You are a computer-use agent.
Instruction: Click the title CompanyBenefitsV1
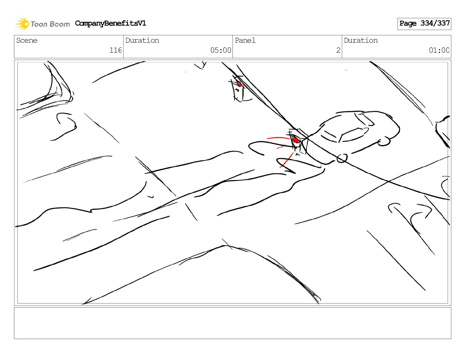tap(110, 23)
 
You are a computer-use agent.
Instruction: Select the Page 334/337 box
tap(424, 24)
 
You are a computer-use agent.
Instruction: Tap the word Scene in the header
tap(27, 40)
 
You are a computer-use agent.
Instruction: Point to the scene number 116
tap(116, 50)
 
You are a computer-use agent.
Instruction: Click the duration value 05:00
tap(221, 50)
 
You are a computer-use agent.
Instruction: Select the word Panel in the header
tap(245, 40)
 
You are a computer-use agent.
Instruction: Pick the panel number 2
tap(338, 50)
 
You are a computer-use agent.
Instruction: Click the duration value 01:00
tap(439, 50)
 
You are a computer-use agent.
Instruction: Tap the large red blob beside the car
tap(296, 140)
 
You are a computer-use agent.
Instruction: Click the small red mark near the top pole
tap(239, 84)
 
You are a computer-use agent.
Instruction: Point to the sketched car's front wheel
tap(342, 159)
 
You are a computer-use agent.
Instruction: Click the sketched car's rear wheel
tap(384, 142)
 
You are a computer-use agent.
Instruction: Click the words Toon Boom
tap(50, 24)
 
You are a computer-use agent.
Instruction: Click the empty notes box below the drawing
tap(232, 323)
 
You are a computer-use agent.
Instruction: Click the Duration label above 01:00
tap(361, 40)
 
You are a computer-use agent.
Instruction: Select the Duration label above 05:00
tap(142, 40)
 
